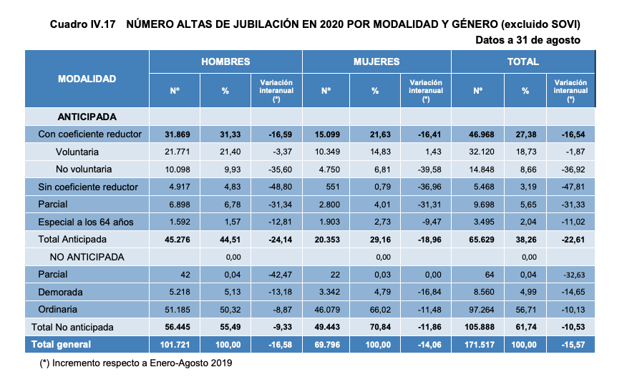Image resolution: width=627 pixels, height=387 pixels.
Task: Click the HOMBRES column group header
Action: tap(225, 62)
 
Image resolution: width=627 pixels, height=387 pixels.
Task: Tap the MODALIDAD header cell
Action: tap(87, 79)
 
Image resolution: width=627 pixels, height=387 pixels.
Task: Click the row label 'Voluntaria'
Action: tap(77, 152)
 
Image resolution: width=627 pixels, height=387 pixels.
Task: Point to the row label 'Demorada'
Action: tap(60, 292)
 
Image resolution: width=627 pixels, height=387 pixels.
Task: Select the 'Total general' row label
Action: tap(61, 345)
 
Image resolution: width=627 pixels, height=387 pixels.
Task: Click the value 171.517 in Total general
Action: tap(477, 345)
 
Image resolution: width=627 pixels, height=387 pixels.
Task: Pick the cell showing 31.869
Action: tap(174, 134)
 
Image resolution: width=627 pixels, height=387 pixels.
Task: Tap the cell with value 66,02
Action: tap(374, 310)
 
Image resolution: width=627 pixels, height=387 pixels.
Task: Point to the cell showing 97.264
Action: tap(477, 310)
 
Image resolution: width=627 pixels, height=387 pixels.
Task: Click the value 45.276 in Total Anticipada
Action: tap(174, 240)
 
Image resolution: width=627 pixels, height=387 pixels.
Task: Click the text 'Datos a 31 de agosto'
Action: tap(528, 40)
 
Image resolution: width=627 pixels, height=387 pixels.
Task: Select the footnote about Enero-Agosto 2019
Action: tap(136, 363)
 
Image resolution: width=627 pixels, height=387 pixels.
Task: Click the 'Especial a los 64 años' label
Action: tap(86, 222)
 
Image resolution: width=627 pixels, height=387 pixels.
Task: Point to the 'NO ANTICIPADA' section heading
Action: tap(87, 257)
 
